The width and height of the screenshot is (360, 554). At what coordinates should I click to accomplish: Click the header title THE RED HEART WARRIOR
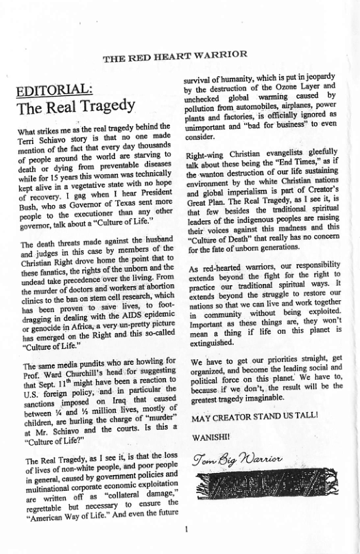[175, 55]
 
